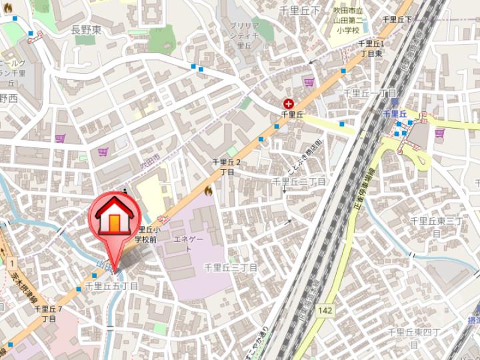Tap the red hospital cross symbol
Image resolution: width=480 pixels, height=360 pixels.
[289, 103]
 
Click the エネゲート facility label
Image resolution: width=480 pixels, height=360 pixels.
[187, 243]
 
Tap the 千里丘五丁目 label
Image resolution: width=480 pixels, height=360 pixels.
[111, 286]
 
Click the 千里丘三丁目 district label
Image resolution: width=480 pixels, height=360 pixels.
[231, 267]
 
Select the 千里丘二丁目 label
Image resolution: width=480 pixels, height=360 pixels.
[299, 181]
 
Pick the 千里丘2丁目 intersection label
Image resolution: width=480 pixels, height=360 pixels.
[227, 167]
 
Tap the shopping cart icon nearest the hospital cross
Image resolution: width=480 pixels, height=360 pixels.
[309, 82]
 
